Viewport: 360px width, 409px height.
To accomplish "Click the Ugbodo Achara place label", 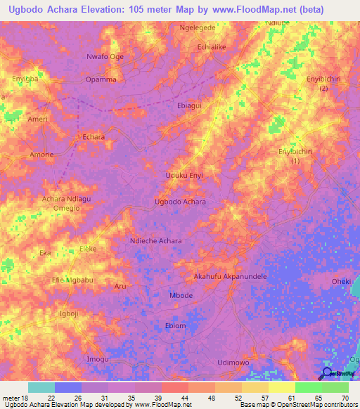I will click(180, 202).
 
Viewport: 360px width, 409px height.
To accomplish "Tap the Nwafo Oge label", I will click(105, 57).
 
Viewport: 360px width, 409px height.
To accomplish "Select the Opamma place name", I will click(101, 79).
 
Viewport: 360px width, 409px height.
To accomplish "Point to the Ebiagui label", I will click(190, 105).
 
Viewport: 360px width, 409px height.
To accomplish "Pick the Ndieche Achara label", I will click(156, 241).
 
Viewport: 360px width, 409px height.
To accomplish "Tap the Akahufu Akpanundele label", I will click(230, 277).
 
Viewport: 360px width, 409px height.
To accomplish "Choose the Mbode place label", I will click(181, 295).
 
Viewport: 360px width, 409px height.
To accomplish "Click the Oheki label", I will click(341, 282).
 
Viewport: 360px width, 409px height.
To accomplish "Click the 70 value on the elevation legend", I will click(346, 398).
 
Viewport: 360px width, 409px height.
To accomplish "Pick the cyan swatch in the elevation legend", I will click(41, 387).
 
